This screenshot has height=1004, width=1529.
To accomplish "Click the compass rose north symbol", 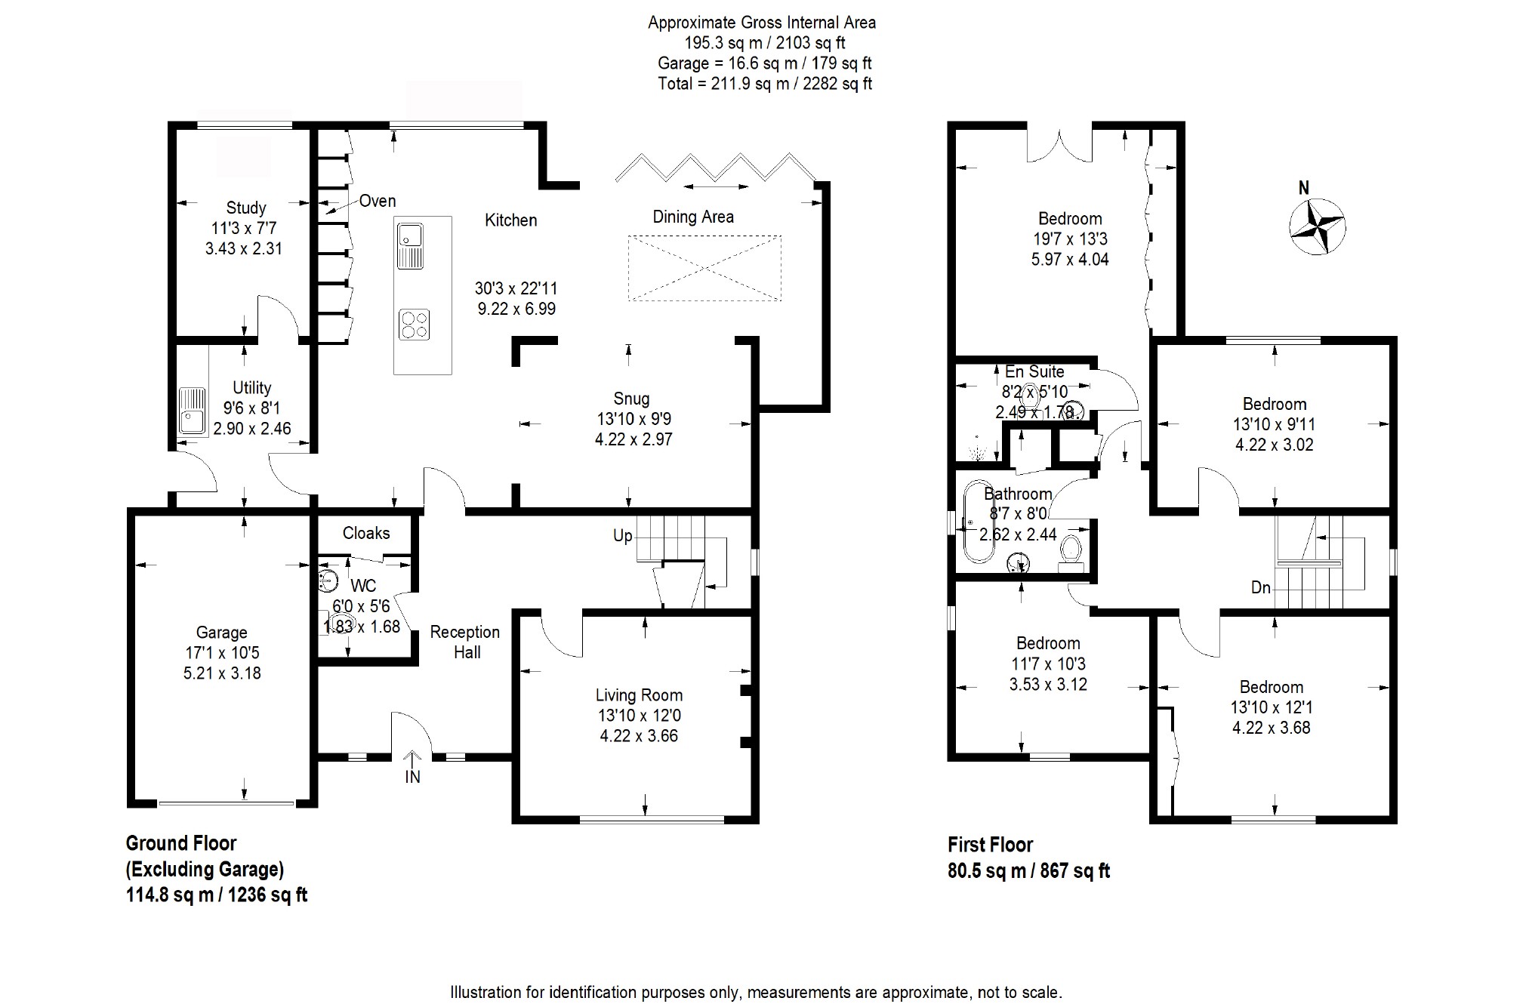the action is [1318, 226].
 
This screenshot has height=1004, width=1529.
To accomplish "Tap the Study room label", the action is [246, 208].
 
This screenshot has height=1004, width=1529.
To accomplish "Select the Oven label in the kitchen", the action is [378, 201].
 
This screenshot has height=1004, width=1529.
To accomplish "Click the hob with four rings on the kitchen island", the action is [415, 325].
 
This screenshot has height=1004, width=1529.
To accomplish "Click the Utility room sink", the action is [193, 411].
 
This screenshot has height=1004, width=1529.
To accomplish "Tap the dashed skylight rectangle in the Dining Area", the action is [704, 268].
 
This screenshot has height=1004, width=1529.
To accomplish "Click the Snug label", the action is [631, 399].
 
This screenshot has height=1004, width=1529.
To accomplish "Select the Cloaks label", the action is [366, 533].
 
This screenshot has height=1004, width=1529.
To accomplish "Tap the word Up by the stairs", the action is [622, 536].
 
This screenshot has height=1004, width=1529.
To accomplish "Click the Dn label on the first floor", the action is [1260, 587].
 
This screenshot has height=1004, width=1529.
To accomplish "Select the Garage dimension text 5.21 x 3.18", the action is [222, 673].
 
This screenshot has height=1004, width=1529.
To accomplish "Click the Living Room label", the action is [639, 695].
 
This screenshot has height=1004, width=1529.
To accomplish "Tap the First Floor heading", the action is [990, 845].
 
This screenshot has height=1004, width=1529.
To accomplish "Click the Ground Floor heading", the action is [181, 843].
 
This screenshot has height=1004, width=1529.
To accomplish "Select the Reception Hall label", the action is [465, 642].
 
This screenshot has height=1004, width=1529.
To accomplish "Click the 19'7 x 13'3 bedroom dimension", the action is [1070, 239].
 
